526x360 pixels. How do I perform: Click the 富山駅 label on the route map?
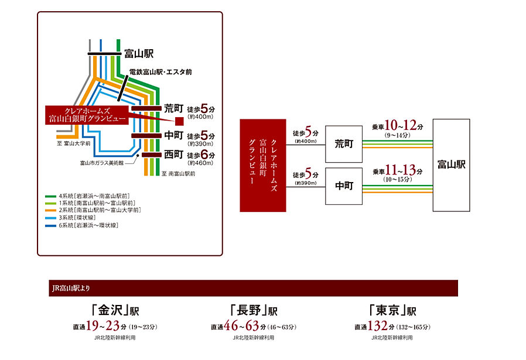[x=139, y=54]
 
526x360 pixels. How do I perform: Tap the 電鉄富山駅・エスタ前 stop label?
[x=160, y=72]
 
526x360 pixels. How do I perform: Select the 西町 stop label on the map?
[x=175, y=155]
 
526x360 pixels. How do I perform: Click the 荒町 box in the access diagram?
[x=343, y=144]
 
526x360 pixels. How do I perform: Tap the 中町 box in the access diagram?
[x=343, y=186]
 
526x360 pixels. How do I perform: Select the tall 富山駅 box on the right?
[x=451, y=165]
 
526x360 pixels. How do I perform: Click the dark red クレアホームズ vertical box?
[x=262, y=166]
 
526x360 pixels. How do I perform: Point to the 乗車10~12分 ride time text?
[x=397, y=127]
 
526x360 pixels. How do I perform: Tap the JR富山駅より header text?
[x=70, y=288]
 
